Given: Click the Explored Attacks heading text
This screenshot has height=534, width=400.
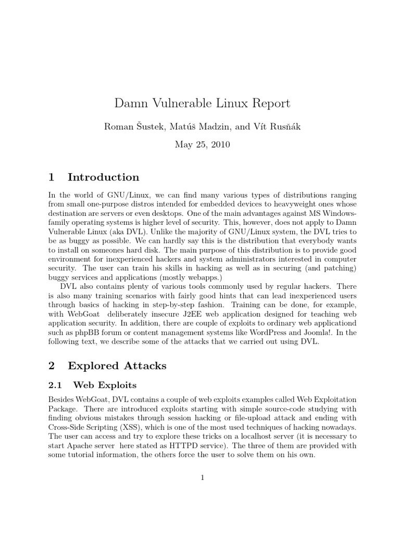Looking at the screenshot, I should point(120,366).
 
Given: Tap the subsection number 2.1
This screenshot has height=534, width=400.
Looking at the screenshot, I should point(55,385).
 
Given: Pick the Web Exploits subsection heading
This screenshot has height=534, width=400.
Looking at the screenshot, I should point(105,385).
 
